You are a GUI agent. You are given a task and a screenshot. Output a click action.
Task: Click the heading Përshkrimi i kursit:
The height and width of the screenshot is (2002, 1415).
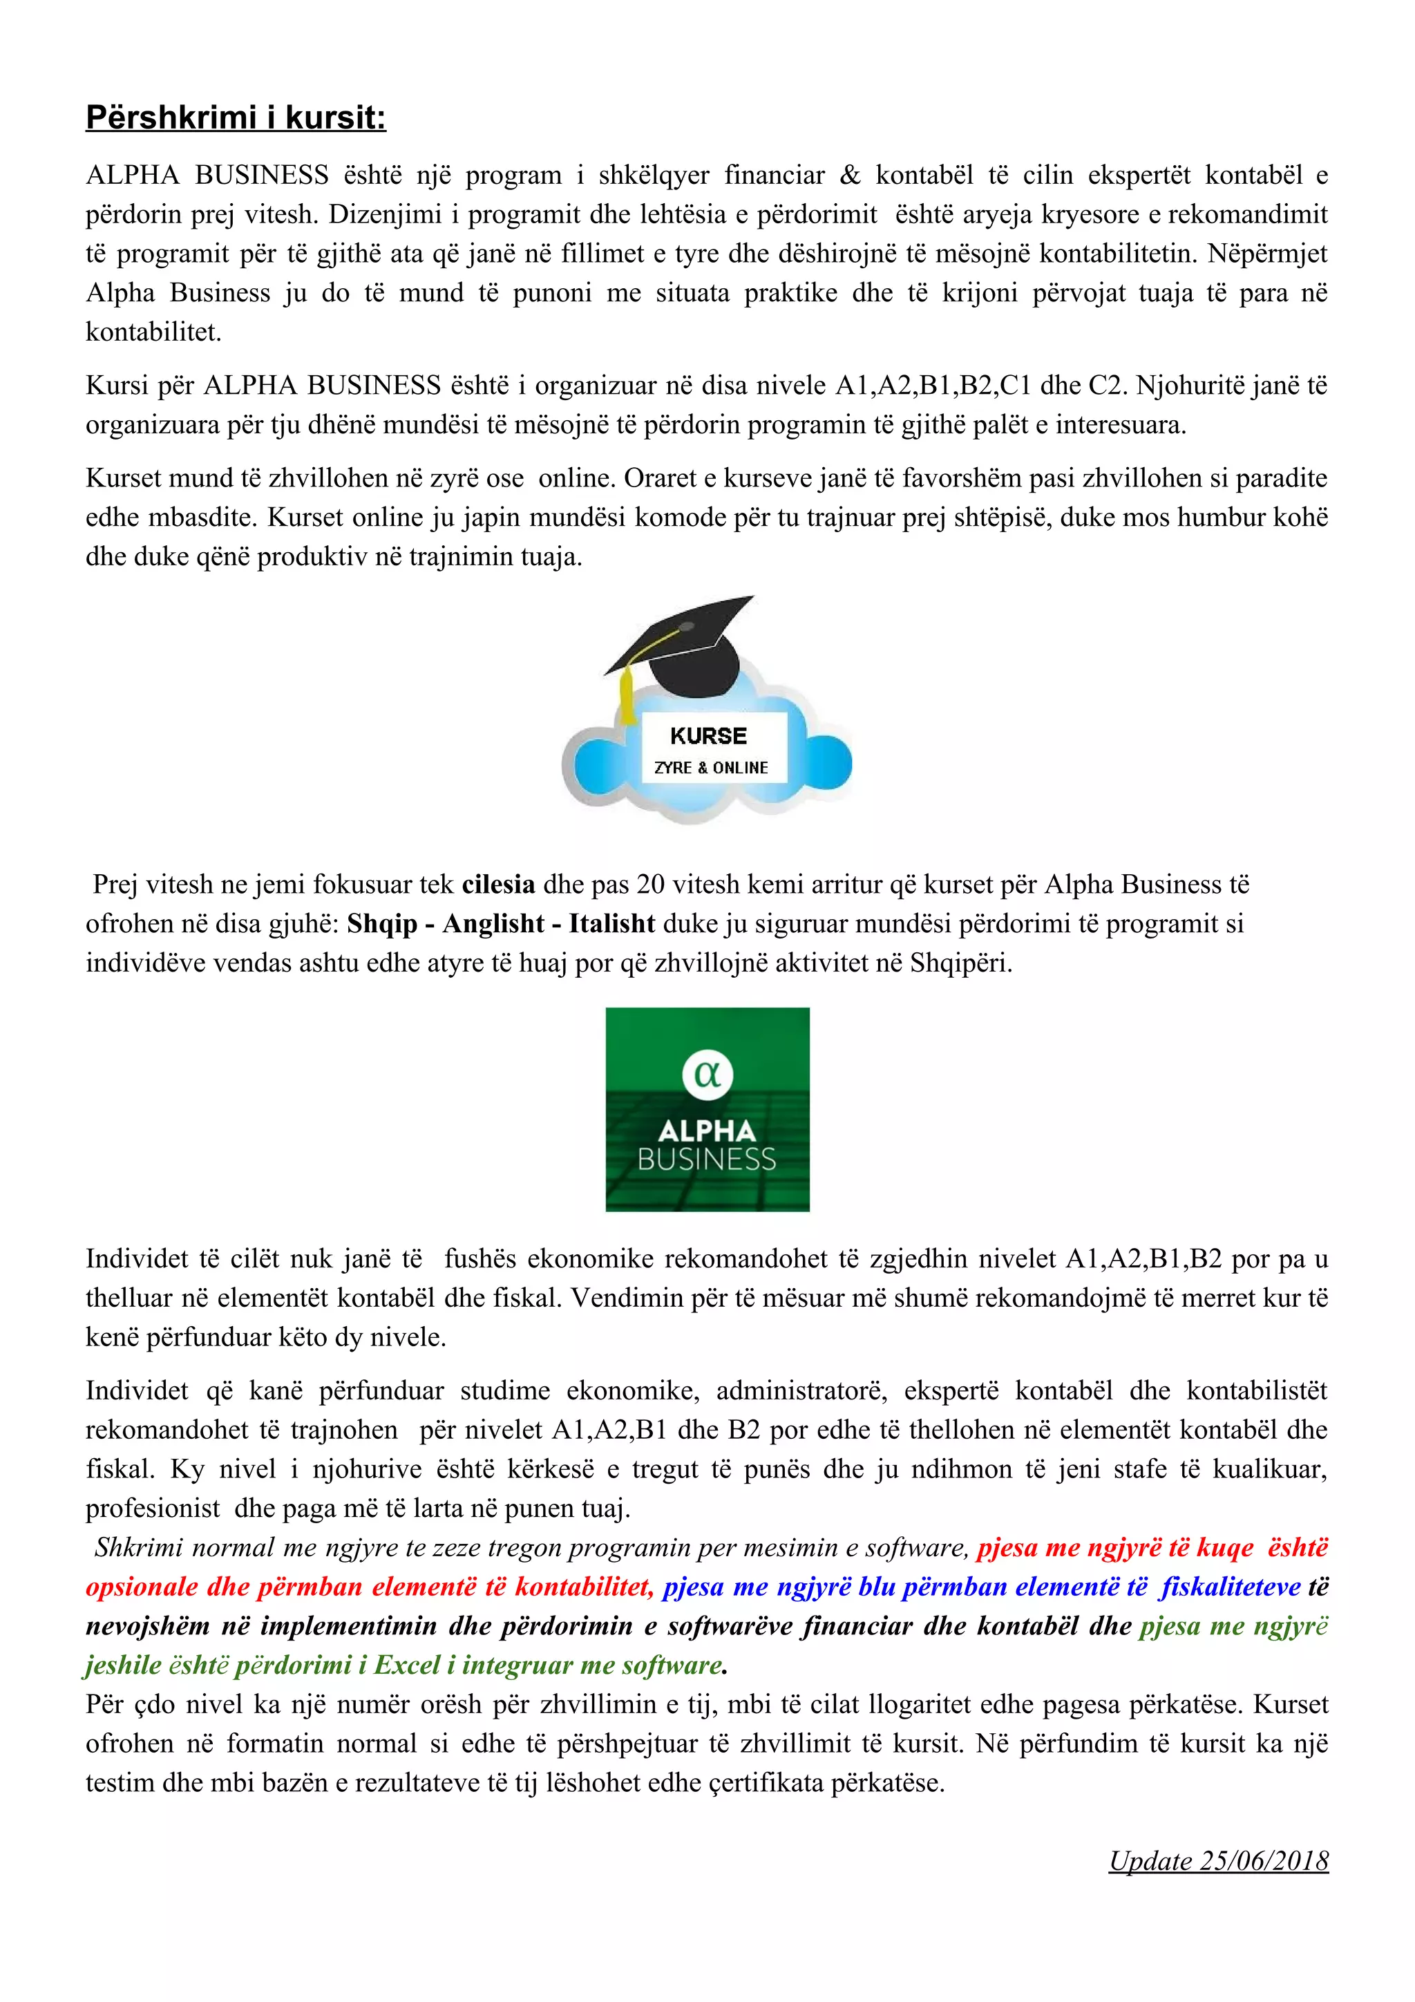236,117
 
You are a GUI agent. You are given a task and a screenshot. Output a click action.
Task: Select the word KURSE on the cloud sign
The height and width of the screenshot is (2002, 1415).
708,736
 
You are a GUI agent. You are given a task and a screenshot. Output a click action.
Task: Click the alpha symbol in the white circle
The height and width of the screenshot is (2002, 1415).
707,1073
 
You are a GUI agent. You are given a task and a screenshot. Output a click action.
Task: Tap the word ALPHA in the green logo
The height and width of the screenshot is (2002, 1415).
707,1131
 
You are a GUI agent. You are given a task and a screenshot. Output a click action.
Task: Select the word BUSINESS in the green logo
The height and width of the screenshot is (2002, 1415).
707,1160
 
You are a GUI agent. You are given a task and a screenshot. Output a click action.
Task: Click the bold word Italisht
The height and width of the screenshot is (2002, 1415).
612,923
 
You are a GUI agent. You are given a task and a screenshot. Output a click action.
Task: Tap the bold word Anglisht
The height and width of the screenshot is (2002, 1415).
493,923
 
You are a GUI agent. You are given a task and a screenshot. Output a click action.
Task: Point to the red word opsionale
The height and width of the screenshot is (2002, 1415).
141,1586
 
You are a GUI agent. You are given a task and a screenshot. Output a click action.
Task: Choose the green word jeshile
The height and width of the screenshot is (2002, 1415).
123,1665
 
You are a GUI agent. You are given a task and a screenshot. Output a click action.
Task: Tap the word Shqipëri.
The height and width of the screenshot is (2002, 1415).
959,963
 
